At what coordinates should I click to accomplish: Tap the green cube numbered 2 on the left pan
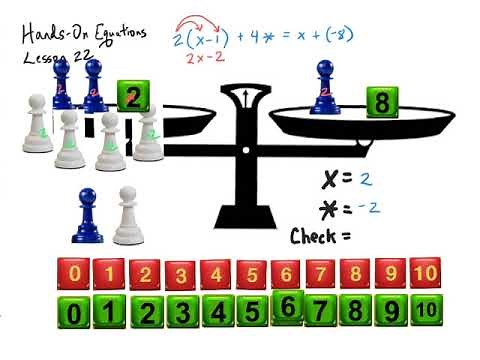(133, 96)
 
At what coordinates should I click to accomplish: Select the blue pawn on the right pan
(325, 85)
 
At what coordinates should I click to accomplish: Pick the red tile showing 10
(425, 273)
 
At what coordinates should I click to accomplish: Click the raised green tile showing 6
(287, 306)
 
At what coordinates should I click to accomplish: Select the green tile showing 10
(425, 312)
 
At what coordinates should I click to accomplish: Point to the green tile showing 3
(182, 314)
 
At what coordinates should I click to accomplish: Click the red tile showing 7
(320, 273)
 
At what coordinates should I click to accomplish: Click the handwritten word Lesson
(45, 57)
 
